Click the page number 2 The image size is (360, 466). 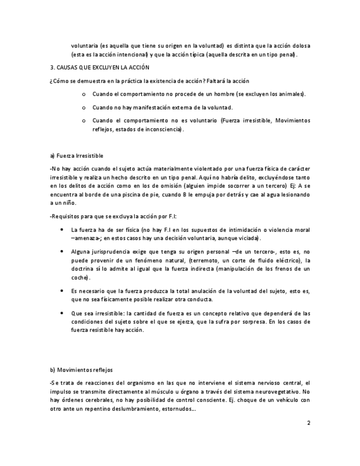[x=308, y=423]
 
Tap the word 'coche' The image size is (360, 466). [x=80, y=278]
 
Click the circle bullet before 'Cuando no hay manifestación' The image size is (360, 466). [x=83, y=108]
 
